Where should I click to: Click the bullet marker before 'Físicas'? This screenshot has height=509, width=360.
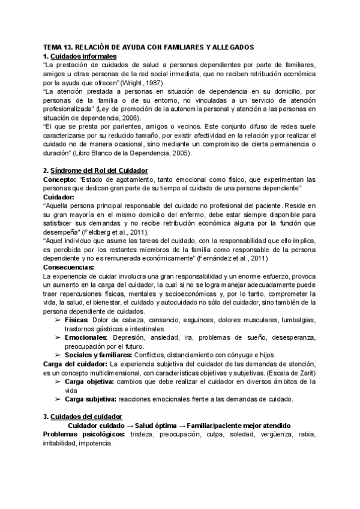point(58,320)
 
